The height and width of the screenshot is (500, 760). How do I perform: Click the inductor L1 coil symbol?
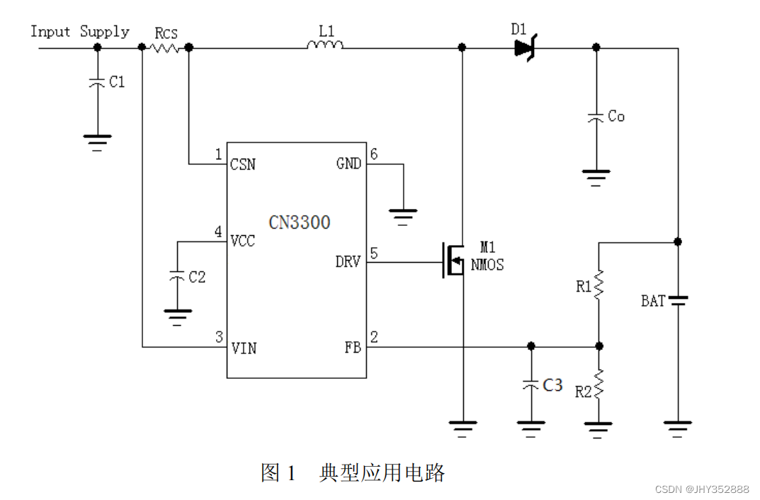tap(325, 45)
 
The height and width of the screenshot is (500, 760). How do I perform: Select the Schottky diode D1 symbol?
tap(524, 47)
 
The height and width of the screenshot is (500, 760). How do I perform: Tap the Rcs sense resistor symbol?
tap(165, 47)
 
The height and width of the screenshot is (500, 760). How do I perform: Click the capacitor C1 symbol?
tap(97, 83)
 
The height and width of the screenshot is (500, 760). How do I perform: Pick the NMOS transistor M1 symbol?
tap(453, 260)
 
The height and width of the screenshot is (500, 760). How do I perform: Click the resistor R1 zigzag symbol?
tap(599, 285)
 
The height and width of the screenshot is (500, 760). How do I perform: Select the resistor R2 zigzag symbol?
tap(599, 385)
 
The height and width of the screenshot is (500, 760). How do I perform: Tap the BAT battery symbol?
tap(678, 300)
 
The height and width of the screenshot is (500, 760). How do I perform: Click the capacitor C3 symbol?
tap(531, 385)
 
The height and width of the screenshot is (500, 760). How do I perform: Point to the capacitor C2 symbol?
tap(177, 277)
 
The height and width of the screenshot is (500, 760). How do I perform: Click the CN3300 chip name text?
tap(299, 222)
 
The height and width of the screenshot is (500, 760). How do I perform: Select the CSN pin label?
tap(243, 164)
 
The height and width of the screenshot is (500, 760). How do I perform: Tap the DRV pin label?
tap(348, 262)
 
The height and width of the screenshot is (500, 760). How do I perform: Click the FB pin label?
tap(353, 348)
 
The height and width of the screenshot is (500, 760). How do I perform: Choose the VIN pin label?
tap(244, 348)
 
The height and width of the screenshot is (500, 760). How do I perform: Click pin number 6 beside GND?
tap(373, 154)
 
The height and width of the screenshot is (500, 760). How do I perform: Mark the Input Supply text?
tap(79, 32)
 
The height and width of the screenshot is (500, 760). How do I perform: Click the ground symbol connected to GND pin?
tap(403, 214)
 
